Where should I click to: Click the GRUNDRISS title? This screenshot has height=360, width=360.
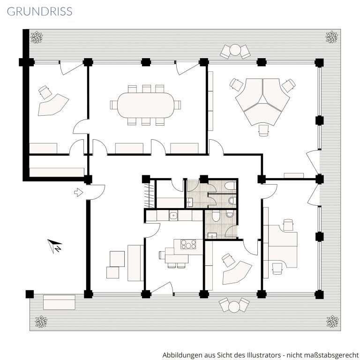coord(39,11)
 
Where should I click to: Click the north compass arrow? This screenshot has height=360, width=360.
coord(55,246)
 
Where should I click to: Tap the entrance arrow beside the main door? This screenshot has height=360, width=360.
coord(79,192)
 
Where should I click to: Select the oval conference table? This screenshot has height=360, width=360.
coord(146,105)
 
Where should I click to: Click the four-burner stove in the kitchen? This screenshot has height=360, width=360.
coord(188,244)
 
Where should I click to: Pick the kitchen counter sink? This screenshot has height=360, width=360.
coord(173,216)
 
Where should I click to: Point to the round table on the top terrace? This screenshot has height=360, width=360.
coord(235,50)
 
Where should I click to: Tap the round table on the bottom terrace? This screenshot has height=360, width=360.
coord(234,307)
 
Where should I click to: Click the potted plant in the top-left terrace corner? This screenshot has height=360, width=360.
coord(37,37)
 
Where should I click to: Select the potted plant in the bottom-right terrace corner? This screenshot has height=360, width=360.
coord(332,322)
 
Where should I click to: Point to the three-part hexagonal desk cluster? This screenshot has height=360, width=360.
coord(262,102)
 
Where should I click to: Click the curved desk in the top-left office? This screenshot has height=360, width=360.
coord(53,105)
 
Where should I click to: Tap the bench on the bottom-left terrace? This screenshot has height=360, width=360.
coord(59,302)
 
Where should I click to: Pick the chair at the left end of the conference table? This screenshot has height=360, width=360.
coord(113,105)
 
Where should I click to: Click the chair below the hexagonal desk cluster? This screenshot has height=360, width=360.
coord(263,130)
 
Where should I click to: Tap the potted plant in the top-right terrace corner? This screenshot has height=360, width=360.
coord(332,37)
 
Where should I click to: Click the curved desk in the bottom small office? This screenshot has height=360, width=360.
coord(237,272)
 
